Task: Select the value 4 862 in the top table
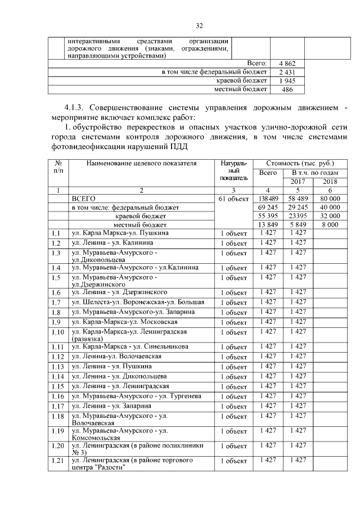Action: [x=282, y=64]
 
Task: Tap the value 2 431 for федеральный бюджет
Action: [x=282, y=73]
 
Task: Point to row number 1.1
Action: [x=56, y=233]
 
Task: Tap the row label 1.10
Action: [x=57, y=332]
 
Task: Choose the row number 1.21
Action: [x=57, y=461]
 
